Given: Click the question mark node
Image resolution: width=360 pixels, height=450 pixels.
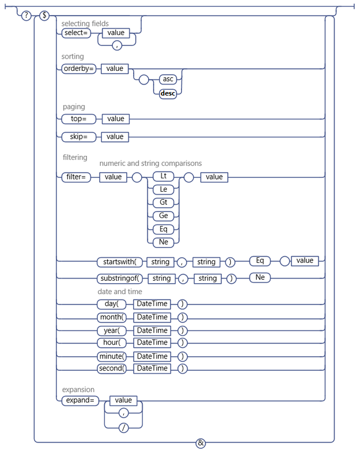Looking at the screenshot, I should pyautogui.click(x=26, y=16).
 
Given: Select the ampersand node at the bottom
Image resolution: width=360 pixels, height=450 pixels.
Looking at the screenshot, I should pyautogui.click(x=200, y=443).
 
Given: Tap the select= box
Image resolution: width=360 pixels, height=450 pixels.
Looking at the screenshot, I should pyautogui.click(x=75, y=33).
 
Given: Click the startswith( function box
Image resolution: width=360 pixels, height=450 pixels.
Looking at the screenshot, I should pyautogui.click(x=119, y=262).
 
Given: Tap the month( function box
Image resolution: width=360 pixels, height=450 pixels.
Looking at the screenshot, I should pyautogui.click(x=111, y=317).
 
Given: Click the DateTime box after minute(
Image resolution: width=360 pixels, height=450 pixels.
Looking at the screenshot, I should pyautogui.click(x=152, y=356).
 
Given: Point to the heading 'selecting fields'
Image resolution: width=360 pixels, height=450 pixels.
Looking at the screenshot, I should pyautogui.click(x=85, y=24).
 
